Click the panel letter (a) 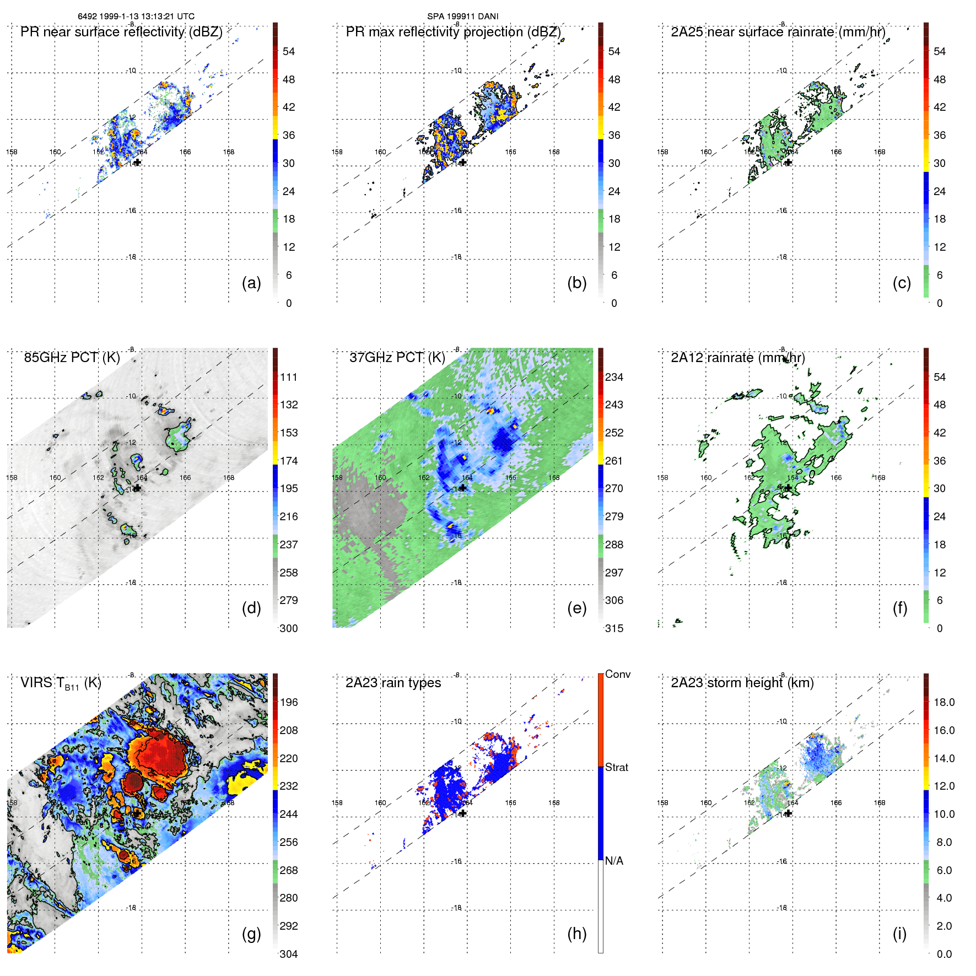pos(251,283)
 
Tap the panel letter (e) pos(576,608)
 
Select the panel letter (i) pos(899,934)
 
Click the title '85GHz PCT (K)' pos(72,358)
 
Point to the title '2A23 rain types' pos(393,683)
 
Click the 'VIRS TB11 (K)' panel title pos(61,683)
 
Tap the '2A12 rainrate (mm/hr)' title pos(737,358)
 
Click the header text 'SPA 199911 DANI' pos(462,17)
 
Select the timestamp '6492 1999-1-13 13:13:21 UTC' pos(136,17)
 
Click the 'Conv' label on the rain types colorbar pos(617,674)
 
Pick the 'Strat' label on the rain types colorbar pos(616,767)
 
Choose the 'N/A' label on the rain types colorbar pos(614,861)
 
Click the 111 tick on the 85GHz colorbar pos(288,378)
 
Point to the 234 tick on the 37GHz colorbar pos(614,378)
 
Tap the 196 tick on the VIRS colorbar pos(288,703)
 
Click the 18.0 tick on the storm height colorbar pos(943,703)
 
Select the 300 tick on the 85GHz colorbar pos(288,628)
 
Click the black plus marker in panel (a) pos(138,163)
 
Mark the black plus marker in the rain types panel pos(463,813)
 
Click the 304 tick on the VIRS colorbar pos(288,954)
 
